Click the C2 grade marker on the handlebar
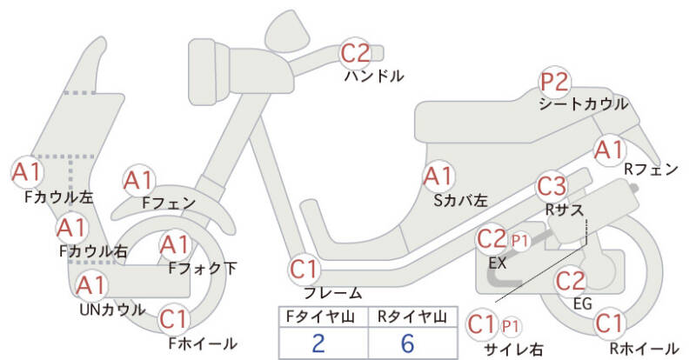pos(355,53)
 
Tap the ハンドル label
pos(374,77)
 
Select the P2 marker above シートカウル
pos(554,83)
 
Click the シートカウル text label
pos(583,104)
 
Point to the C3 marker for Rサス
pos(552,186)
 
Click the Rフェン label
pos(651,169)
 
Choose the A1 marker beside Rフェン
pos(610,150)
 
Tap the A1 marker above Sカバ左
pos(438,177)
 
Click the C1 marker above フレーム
pos(304,269)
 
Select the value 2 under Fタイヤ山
pos(318,343)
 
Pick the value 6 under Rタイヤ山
pos(407,343)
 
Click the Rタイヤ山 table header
pos(412,317)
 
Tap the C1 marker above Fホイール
pos(175,320)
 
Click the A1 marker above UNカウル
pos(90,285)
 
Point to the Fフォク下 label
pos(203,269)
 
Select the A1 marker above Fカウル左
pos(27,172)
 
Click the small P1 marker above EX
pos(519,241)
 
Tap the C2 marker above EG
pos(571,281)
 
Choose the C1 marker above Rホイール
pos(610,323)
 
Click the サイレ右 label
pos(513,350)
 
